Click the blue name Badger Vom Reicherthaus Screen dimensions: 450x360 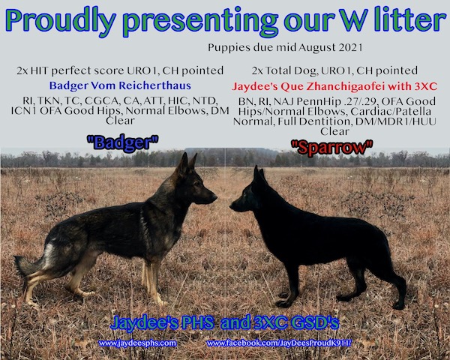point(120,85)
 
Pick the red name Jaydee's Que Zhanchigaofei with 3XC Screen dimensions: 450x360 point(334,86)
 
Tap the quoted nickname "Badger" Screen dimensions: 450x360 point(122,142)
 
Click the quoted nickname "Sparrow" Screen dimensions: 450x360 point(332,148)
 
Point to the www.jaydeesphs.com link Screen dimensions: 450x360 point(137,343)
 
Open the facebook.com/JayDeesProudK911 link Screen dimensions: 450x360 point(279,343)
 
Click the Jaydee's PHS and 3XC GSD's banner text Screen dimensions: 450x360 point(225,322)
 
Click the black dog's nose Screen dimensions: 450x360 point(232,205)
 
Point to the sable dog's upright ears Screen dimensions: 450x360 point(187,163)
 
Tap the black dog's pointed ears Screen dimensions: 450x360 point(258,174)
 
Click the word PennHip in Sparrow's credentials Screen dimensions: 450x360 point(314,102)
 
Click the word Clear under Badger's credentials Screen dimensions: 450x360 point(120,121)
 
